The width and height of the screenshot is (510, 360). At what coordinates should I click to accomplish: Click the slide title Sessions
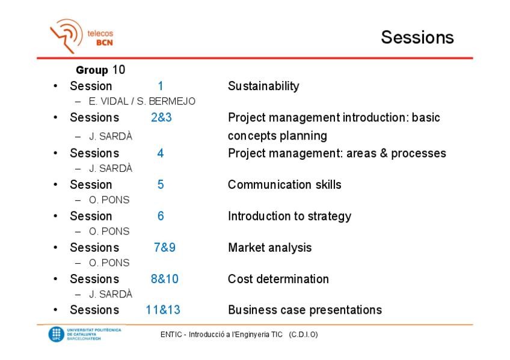417,37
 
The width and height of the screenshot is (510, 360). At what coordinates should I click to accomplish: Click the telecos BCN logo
81,36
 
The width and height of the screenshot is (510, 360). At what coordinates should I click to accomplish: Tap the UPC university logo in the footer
85,334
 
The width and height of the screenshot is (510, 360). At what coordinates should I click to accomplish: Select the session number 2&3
161,117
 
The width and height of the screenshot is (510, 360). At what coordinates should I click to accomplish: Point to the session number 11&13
162,310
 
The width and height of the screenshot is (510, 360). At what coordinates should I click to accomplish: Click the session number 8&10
165,279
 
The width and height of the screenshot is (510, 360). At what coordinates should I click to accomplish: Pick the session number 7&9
165,248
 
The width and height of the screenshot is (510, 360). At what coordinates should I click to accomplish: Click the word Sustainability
263,87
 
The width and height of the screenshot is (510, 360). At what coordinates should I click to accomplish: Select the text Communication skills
284,185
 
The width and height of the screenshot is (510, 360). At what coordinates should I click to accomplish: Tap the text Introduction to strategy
289,217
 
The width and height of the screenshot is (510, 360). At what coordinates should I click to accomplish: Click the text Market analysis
269,248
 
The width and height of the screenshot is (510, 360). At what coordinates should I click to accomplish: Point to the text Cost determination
278,279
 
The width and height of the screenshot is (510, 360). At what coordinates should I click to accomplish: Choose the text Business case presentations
305,310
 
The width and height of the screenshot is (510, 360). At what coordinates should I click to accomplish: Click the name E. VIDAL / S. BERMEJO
142,102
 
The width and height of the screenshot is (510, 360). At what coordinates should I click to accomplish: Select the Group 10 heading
100,70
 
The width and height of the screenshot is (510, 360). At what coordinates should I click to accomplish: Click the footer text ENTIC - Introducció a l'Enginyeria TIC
221,335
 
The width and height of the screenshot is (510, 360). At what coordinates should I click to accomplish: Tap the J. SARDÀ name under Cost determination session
111,294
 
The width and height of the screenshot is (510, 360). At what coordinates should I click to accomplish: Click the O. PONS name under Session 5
109,200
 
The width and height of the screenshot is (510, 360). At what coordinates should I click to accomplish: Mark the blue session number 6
161,216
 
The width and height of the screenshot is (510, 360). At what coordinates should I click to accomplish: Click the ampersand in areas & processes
384,153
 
